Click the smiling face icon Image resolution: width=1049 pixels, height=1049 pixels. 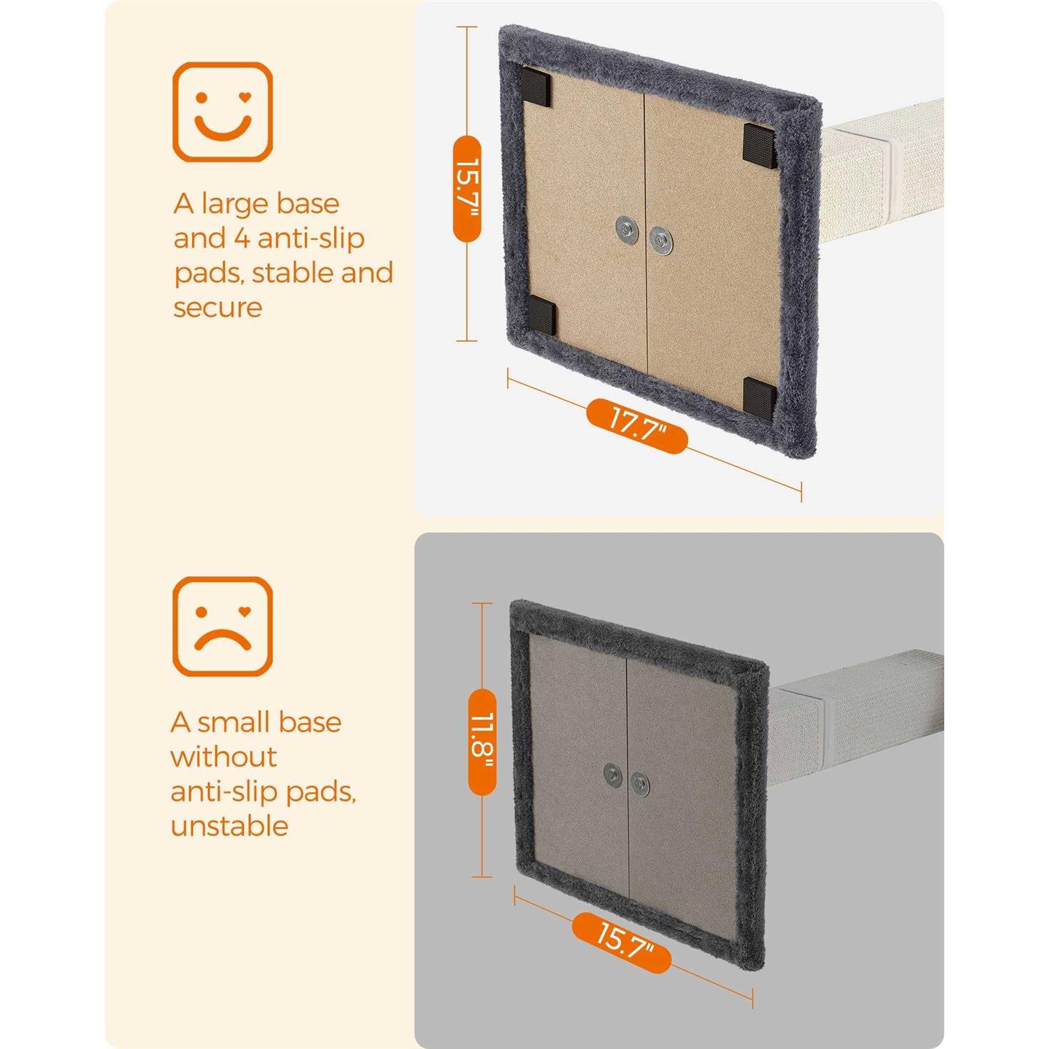[222, 112]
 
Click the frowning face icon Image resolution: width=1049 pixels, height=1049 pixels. [222, 626]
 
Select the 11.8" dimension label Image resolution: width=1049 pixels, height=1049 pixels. [481, 741]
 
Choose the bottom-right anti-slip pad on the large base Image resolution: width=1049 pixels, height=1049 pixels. [759, 395]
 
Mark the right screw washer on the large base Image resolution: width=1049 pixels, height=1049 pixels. [659, 240]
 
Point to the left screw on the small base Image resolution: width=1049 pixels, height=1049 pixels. [613, 774]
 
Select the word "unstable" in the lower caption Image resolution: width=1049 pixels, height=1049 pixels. [229, 826]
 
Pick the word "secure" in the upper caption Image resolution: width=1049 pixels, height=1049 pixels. [217, 308]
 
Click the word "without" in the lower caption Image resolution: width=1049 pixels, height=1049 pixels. [224, 757]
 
